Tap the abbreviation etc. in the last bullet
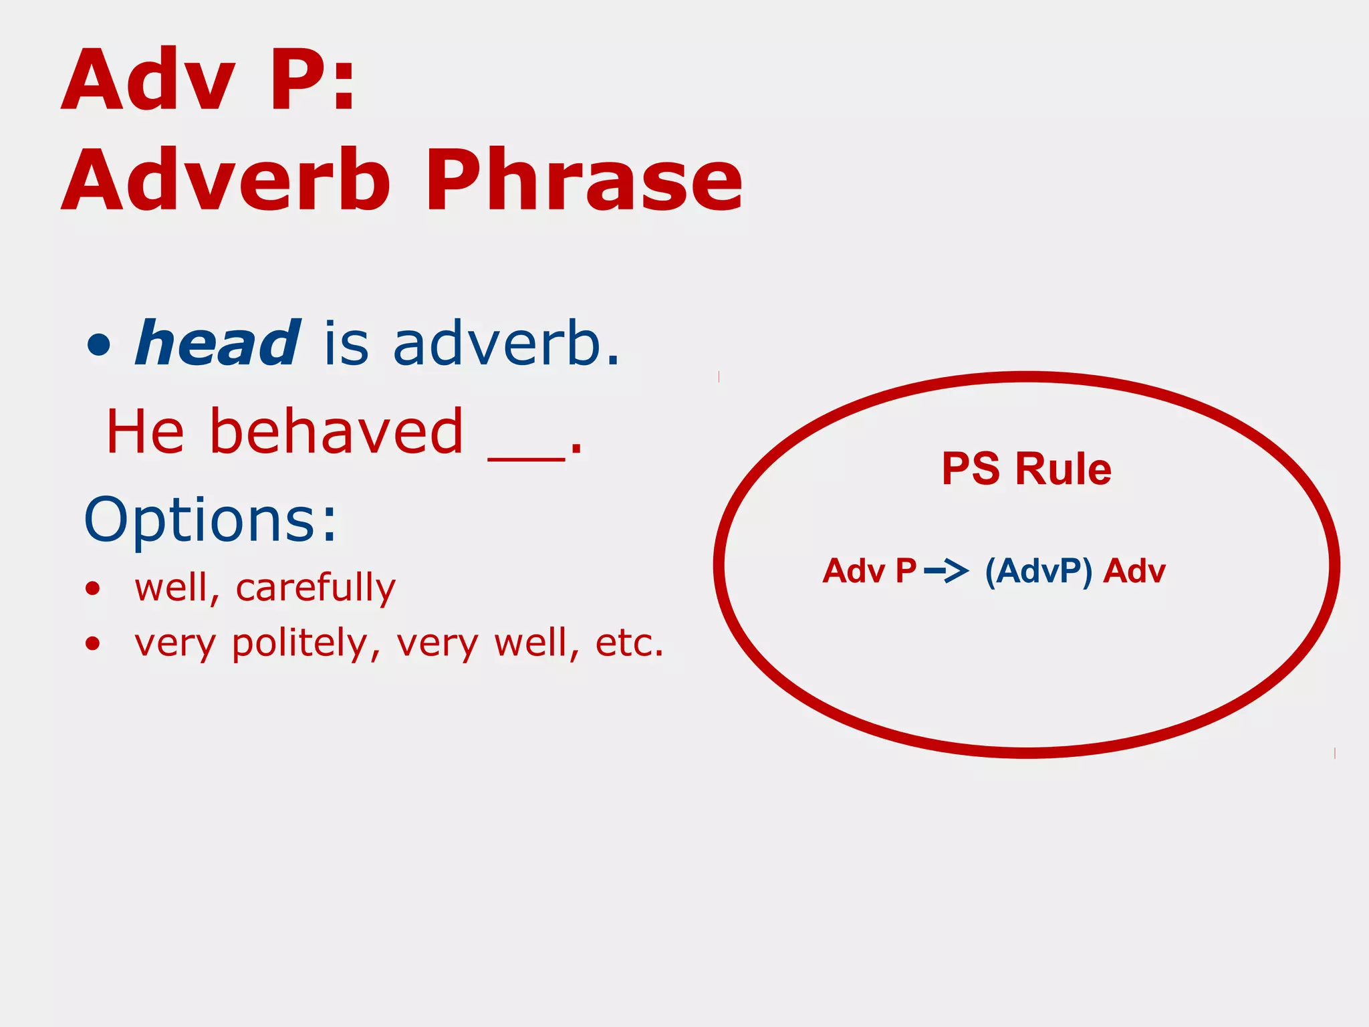point(629,643)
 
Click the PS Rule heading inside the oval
point(1027,469)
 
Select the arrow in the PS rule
point(947,571)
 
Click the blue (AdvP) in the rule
point(1038,571)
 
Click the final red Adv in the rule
point(1134,571)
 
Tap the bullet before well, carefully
point(93,588)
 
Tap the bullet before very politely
point(93,643)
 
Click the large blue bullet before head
point(99,345)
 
